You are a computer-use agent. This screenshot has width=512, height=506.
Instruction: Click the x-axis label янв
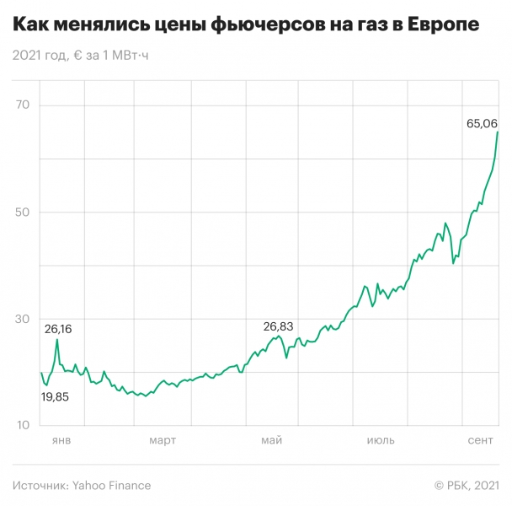61,441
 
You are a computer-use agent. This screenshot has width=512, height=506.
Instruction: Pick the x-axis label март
163,441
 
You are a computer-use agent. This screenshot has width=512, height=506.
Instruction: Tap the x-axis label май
271,441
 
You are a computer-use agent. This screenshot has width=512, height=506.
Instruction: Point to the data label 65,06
482,123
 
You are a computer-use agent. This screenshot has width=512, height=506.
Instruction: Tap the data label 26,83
279,326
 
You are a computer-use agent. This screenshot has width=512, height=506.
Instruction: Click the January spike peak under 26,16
57,340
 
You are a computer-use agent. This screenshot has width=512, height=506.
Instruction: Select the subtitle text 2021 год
37,56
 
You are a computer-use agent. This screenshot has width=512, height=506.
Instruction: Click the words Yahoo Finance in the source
111,485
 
